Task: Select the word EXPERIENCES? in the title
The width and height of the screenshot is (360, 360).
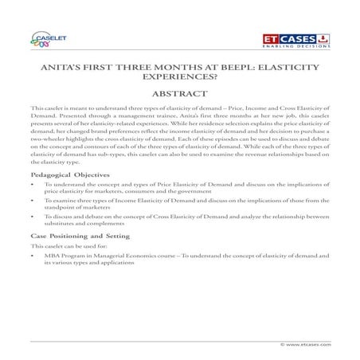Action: click(180, 81)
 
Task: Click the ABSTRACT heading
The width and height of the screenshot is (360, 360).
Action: click(180, 97)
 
